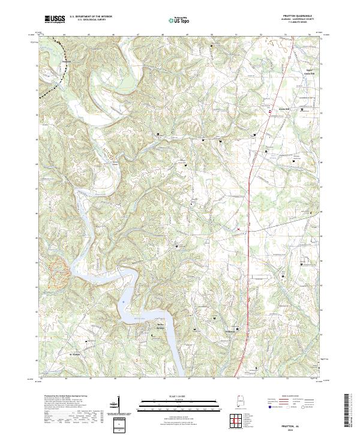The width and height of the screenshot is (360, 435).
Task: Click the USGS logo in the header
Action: pos(55,20)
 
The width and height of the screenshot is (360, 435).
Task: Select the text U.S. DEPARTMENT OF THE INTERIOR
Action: pos(91,17)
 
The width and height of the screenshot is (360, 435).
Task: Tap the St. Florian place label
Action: pos(75,354)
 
